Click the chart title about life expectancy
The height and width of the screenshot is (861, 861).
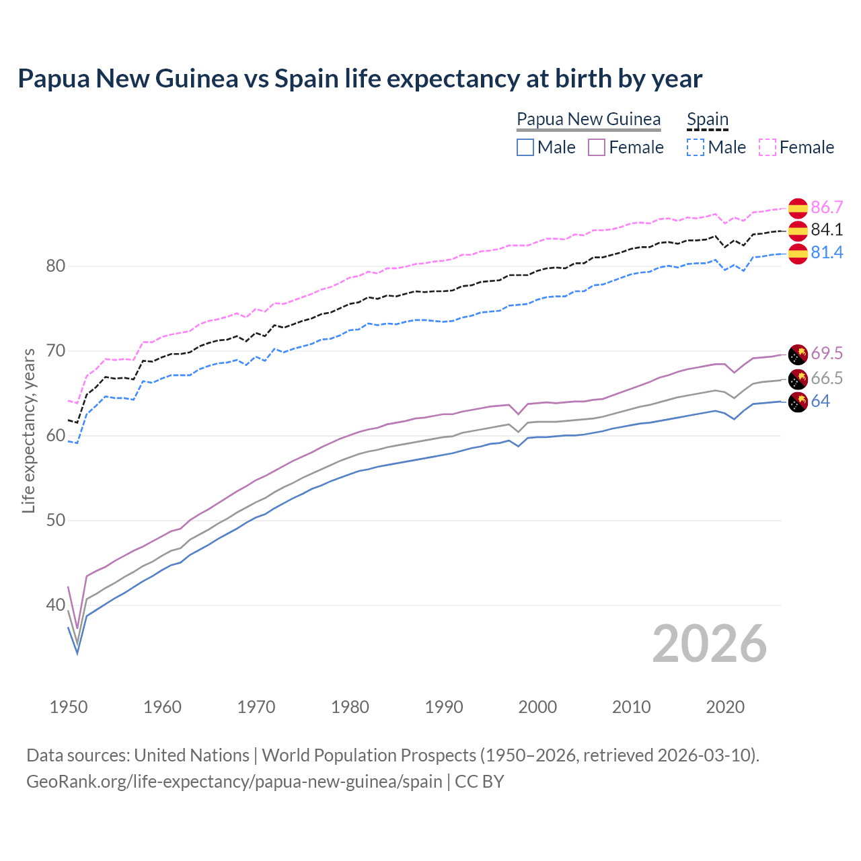(x=360, y=79)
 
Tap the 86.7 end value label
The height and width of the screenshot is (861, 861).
(x=827, y=207)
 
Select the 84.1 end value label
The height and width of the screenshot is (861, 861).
(x=827, y=230)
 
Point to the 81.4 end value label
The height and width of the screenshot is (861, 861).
(x=827, y=253)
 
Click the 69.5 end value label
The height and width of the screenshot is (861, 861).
(x=827, y=354)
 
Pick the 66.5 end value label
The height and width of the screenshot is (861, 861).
(x=827, y=378)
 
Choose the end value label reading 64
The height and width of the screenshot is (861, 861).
(x=820, y=402)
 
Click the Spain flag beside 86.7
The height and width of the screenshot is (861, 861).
(x=798, y=209)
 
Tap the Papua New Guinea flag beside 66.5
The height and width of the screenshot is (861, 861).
(x=798, y=379)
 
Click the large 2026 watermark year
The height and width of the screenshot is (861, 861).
(x=710, y=644)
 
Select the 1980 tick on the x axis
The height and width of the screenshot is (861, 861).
(x=350, y=707)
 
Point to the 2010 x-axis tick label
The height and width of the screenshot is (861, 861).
(x=631, y=707)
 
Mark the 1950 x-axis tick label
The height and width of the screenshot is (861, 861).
(x=69, y=707)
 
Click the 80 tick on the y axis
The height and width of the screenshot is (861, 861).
(x=56, y=266)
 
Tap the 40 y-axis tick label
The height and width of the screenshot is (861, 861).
(x=56, y=605)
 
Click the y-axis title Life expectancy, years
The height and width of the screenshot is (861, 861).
(x=29, y=430)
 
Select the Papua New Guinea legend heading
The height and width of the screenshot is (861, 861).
(x=589, y=120)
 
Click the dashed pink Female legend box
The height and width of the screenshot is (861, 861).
(x=768, y=147)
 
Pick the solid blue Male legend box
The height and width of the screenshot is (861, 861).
(x=525, y=147)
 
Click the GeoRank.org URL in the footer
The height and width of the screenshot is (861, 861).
(x=234, y=782)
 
